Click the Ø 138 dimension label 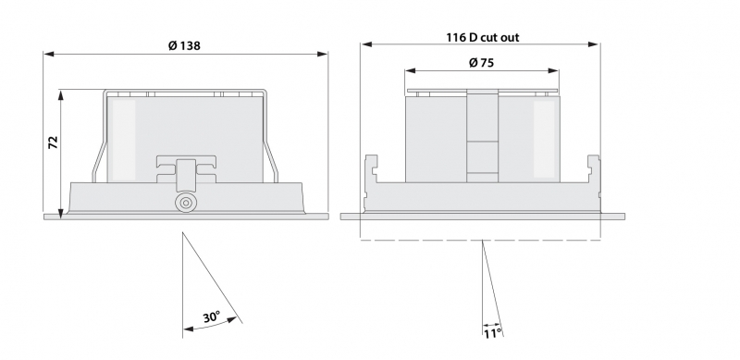[184, 46]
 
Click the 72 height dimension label [53, 143]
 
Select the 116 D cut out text [483, 38]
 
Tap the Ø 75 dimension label [481, 63]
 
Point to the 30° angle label [212, 317]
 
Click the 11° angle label [492, 333]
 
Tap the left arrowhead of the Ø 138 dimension [49, 55]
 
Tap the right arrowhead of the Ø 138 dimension [322, 55]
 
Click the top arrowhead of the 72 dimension [60, 95]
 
